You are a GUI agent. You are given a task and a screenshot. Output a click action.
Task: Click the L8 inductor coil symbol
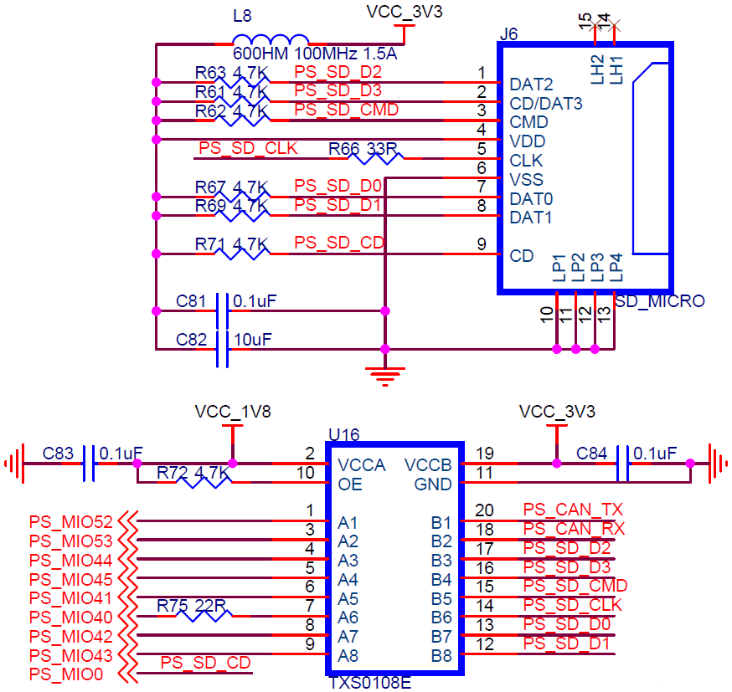tap(271, 39)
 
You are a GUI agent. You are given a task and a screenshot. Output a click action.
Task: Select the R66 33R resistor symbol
tap(376, 158)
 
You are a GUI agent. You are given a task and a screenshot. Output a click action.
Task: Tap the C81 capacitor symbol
tap(222, 311)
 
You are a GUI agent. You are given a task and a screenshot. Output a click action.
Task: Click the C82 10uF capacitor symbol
tap(222, 349)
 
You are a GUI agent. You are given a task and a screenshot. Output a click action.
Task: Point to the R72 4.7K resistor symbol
tap(204, 482)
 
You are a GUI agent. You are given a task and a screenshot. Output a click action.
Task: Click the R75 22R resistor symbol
tap(204, 616)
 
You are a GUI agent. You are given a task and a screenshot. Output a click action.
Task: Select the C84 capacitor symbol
tap(622, 464)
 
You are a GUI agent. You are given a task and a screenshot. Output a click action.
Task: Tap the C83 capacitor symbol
tap(89, 464)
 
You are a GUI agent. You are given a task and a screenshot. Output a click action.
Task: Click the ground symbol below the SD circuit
tap(385, 377)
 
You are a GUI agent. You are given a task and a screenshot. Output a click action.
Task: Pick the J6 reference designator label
tap(508, 34)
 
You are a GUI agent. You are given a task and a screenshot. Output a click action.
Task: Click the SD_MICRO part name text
tap(660, 301)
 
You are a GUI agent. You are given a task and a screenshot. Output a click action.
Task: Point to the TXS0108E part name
tap(370, 683)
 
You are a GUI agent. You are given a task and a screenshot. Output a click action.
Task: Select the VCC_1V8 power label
tap(233, 412)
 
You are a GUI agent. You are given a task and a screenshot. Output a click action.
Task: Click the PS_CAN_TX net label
tap(573, 510)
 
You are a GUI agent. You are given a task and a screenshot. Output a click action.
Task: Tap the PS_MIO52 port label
tap(71, 522)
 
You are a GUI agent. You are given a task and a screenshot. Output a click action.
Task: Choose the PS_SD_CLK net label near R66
tap(248, 148)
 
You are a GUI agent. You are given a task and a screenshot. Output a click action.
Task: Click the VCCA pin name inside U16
tap(362, 465)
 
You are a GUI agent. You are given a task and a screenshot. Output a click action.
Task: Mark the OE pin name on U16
tap(350, 484)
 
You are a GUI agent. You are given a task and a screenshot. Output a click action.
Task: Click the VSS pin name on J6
tap(526, 180)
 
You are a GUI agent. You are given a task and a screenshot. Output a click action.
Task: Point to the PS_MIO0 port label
tap(66, 674)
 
